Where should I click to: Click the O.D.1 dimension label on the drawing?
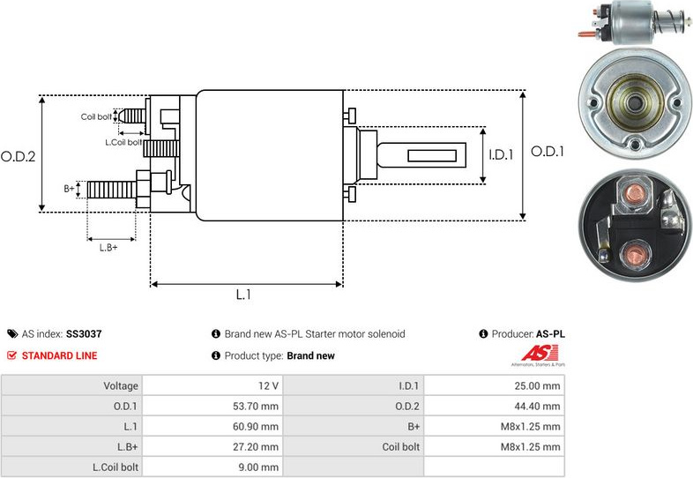(x=547, y=151)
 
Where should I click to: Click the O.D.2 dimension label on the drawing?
(x=18, y=156)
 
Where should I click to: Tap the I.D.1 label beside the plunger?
(x=501, y=155)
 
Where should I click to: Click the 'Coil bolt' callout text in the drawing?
(x=96, y=116)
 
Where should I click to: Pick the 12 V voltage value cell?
(x=268, y=385)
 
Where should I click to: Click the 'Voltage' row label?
(x=121, y=385)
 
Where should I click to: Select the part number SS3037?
(x=84, y=334)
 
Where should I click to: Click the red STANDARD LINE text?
(x=60, y=355)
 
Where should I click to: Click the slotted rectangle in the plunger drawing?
(x=436, y=156)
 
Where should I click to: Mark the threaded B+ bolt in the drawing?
(x=112, y=188)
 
